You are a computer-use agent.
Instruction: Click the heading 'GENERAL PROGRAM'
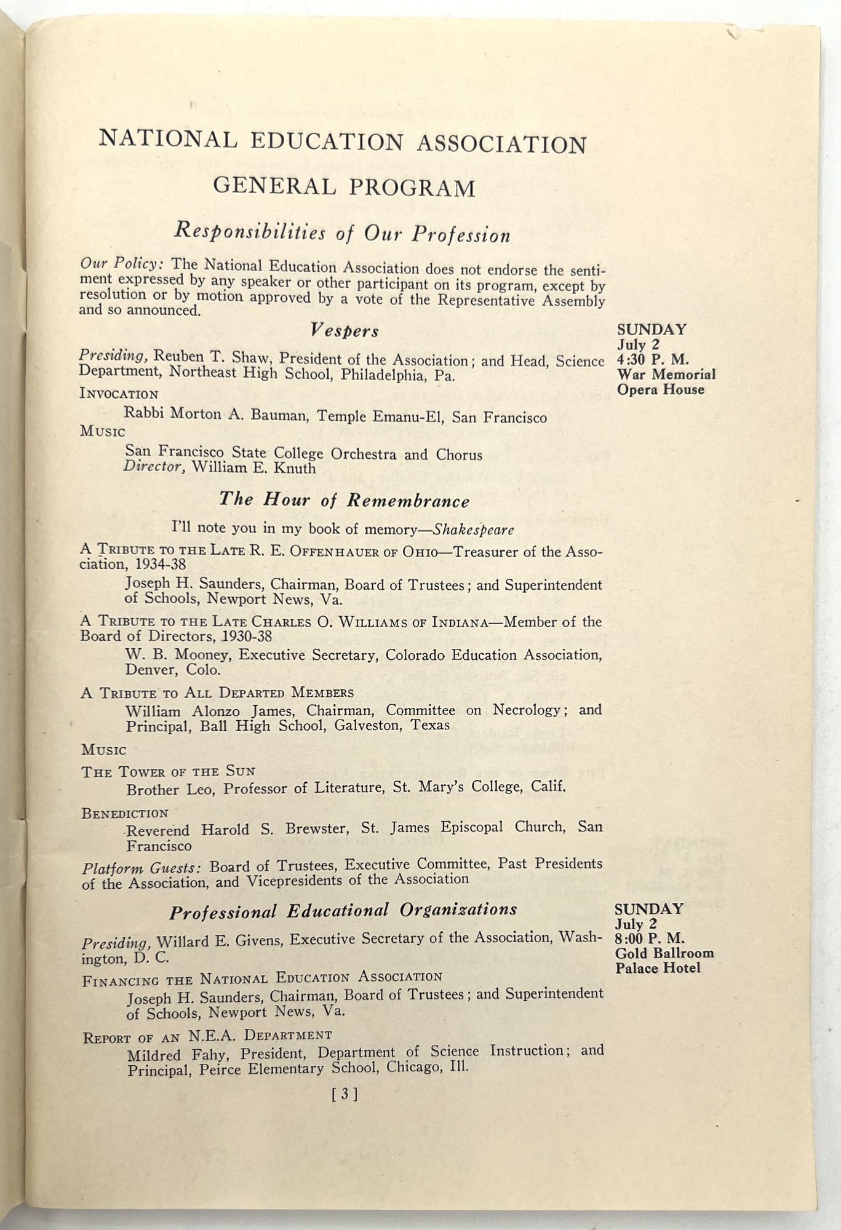click(344, 187)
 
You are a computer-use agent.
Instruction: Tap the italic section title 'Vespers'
click(344, 331)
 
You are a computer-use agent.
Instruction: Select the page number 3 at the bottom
click(344, 1095)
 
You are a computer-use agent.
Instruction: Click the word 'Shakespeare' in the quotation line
click(474, 530)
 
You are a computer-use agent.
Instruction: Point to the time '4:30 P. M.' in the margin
click(653, 359)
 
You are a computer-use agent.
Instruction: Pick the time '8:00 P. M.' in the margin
click(650, 939)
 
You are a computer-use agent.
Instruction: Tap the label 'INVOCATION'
click(119, 394)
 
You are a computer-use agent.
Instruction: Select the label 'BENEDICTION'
click(125, 813)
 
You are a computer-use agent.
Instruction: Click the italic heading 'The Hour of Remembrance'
click(344, 500)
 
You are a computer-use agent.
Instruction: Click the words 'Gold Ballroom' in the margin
click(664, 954)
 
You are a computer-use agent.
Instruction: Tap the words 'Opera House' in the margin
click(660, 389)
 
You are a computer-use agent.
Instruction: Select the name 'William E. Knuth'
click(253, 468)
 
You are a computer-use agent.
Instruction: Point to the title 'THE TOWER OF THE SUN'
click(168, 771)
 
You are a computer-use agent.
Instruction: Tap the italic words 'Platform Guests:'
click(141, 868)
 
